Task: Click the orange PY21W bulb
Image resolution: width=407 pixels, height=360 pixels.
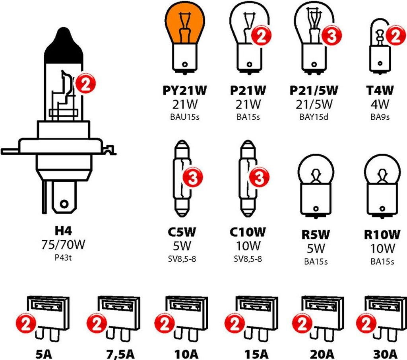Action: coord(184,39)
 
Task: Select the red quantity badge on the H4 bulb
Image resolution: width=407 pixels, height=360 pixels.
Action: coord(86,84)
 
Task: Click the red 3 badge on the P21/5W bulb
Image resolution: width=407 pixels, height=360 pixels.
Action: coord(331,35)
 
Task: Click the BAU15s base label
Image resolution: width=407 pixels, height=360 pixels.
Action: coord(184,117)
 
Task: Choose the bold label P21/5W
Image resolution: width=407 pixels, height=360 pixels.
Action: coord(314,90)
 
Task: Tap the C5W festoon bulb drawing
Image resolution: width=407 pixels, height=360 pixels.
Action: coord(182,179)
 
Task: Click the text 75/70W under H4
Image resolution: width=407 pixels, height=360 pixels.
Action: coord(63,245)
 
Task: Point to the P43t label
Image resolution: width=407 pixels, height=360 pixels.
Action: coord(63,258)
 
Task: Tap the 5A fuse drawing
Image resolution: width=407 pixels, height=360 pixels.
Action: coord(48,318)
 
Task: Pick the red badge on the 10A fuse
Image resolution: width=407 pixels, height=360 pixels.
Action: coord(164,323)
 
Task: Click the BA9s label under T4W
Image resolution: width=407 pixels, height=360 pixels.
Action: coord(380,117)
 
